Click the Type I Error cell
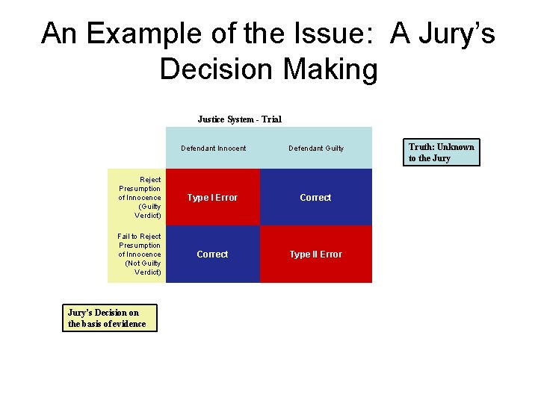click(212, 198)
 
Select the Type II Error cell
click(315, 254)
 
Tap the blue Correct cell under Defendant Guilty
click(315, 198)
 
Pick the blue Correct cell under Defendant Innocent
click(212, 254)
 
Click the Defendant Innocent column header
click(213, 149)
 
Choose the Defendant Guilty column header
click(316, 149)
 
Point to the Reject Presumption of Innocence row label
click(139, 197)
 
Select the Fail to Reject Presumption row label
click(139, 254)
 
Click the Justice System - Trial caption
click(239, 119)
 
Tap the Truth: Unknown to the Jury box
click(441, 152)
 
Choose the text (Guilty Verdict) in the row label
click(148, 211)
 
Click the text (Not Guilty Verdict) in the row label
click(143, 268)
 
